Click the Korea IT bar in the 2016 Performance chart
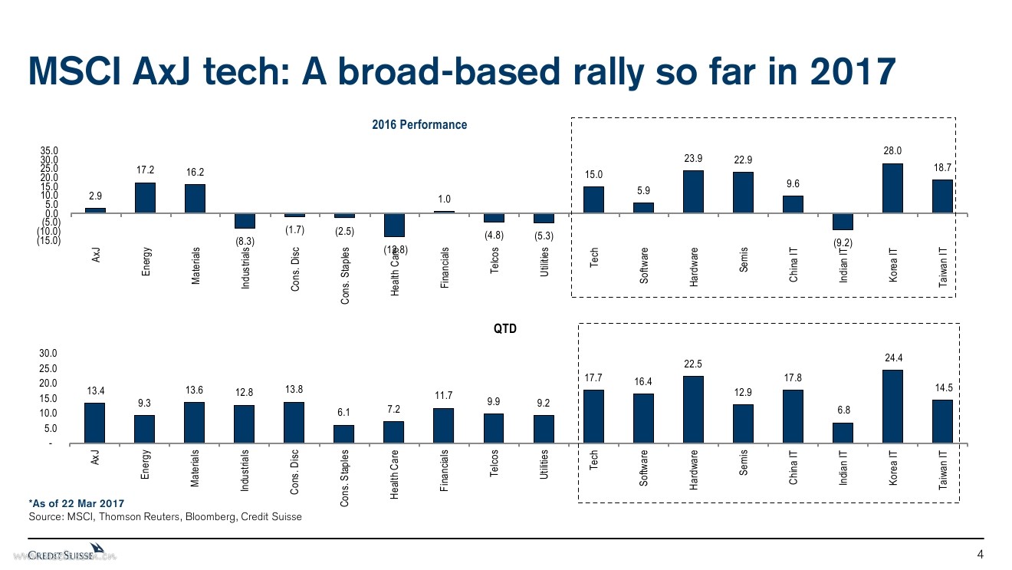[x=892, y=188]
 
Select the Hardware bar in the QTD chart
[x=693, y=410]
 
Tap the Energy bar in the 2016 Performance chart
[x=145, y=197]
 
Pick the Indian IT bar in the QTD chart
[x=843, y=433]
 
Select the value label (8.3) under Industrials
[x=245, y=241]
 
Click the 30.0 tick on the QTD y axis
[x=48, y=354]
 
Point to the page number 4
[x=979, y=555]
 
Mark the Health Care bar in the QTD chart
[x=394, y=432]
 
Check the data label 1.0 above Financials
[x=444, y=199]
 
